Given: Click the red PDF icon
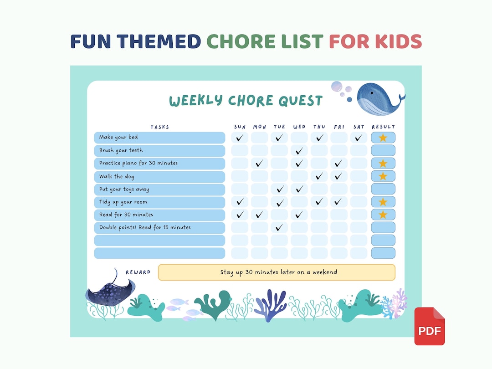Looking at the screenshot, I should click(x=429, y=326).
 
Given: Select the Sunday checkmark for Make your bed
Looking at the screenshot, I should click(x=240, y=138).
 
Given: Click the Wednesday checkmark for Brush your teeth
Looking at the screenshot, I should click(x=299, y=151).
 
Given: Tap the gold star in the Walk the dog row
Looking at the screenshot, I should click(x=383, y=176).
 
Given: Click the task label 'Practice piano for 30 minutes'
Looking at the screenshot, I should click(x=138, y=163).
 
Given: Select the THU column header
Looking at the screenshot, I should click(x=319, y=127).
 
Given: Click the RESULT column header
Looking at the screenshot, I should click(x=383, y=127).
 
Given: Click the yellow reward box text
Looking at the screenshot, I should click(x=278, y=272).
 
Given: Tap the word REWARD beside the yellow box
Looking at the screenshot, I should click(x=138, y=272).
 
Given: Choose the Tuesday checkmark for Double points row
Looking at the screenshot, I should click(x=279, y=227).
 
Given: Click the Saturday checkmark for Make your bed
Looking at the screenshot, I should click(x=359, y=138).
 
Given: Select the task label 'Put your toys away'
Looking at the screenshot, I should click(x=124, y=189).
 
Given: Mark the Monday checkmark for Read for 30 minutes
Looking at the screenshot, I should click(x=259, y=215).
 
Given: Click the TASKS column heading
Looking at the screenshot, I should click(x=159, y=127).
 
